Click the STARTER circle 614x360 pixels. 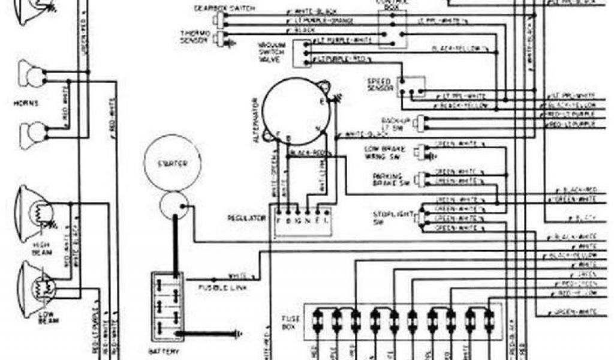point(172,164)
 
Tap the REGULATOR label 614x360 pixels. point(246,218)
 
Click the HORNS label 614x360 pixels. point(26,103)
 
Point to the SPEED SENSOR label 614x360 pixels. point(380,85)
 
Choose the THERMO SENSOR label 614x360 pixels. point(194,36)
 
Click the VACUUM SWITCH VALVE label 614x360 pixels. point(272,52)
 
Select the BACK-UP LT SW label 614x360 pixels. point(393,123)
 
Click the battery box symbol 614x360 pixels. point(168,306)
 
